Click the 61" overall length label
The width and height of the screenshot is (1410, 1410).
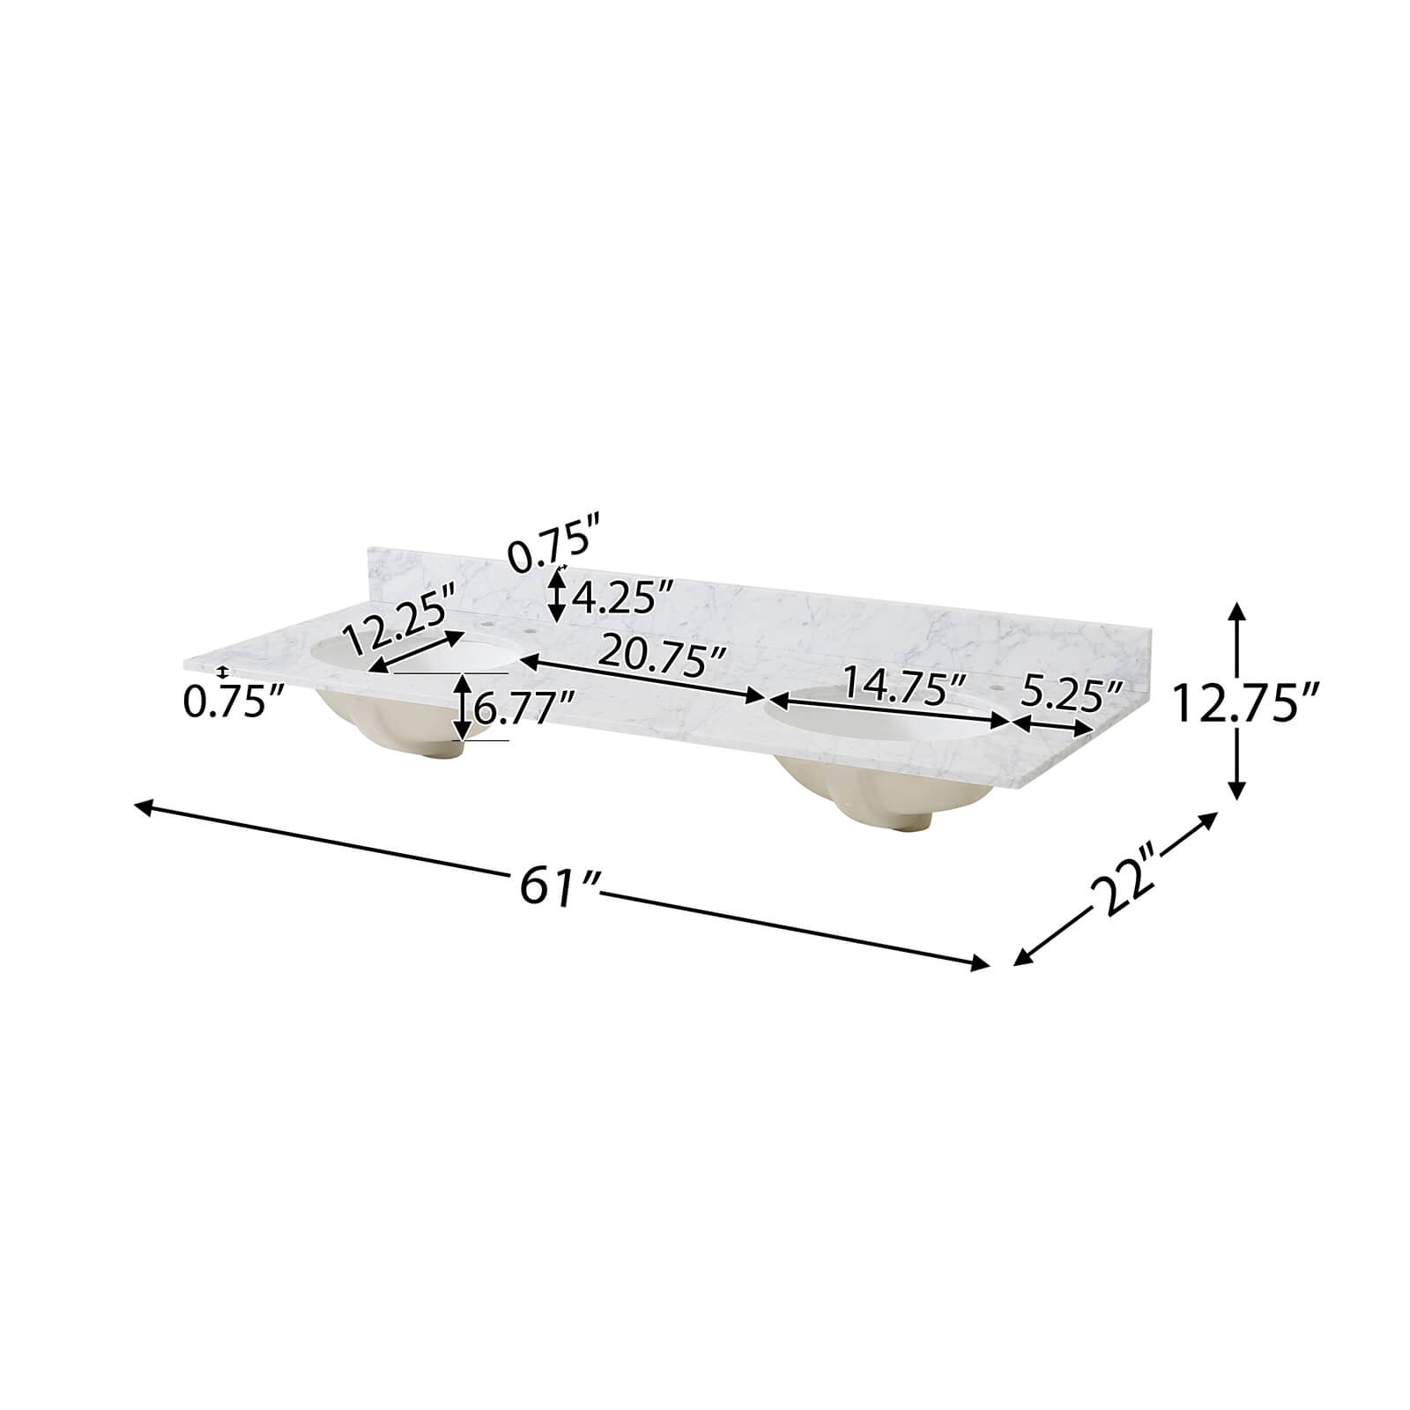pyautogui.click(x=559, y=885)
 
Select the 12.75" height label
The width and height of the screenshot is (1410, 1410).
pyautogui.click(x=1244, y=702)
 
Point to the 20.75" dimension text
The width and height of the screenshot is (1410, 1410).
pyautogui.click(x=662, y=657)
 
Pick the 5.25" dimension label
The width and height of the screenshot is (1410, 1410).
pyautogui.click(x=1070, y=697)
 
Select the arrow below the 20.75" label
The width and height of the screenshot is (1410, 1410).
pyautogui.click(x=644, y=679)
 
